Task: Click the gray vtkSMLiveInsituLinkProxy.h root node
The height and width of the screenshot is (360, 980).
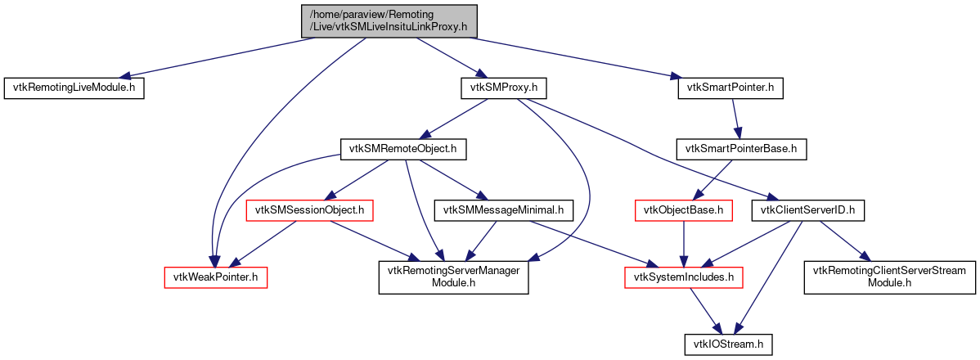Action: [x=389, y=20]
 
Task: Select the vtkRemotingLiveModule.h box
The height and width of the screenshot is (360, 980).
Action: [x=74, y=88]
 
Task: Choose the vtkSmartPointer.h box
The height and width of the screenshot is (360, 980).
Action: [x=731, y=88]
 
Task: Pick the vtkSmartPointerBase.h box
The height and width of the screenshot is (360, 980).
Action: [x=741, y=149]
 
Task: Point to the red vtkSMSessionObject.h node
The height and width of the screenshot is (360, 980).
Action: [x=310, y=210]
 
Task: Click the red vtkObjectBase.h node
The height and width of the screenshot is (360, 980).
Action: [x=682, y=210]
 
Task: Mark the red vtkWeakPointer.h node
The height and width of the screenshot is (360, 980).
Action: [x=216, y=277]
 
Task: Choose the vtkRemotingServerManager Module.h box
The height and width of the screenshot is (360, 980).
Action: [x=453, y=277]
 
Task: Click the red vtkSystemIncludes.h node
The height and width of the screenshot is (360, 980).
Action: [x=683, y=277]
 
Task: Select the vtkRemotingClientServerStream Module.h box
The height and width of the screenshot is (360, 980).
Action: [x=890, y=277]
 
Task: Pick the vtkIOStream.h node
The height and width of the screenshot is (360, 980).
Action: [x=728, y=344]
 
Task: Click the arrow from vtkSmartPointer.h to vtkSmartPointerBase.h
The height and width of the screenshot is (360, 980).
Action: [x=735, y=119]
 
